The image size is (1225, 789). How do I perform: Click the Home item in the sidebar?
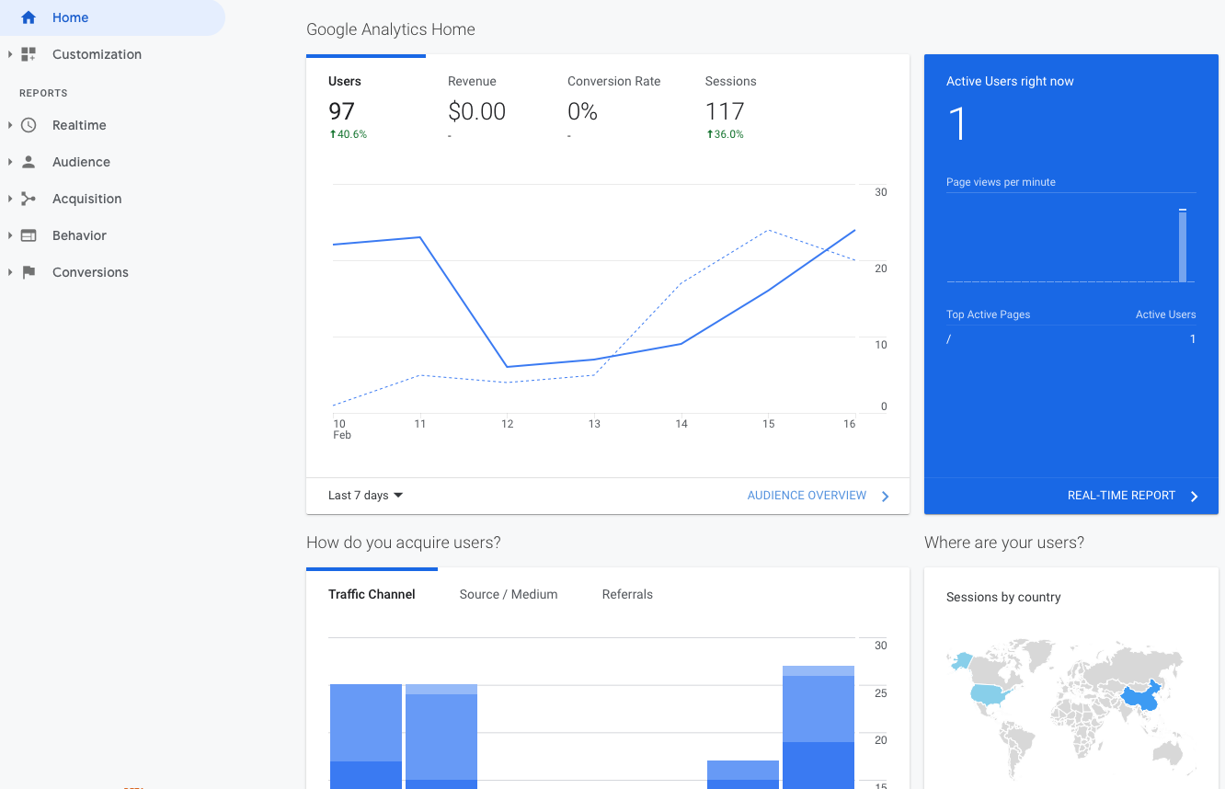pyautogui.click(x=70, y=17)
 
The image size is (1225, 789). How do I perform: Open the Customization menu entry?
pyautogui.click(x=97, y=54)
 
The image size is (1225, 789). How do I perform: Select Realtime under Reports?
pyautogui.click(x=79, y=125)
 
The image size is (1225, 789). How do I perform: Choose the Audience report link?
pyautogui.click(x=81, y=162)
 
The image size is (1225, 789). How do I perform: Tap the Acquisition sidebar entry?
pyautogui.click(x=86, y=199)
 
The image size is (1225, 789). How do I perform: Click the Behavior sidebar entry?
pyautogui.click(x=79, y=235)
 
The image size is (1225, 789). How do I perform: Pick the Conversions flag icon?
pyautogui.click(x=29, y=272)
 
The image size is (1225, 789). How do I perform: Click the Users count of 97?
pyautogui.click(x=341, y=111)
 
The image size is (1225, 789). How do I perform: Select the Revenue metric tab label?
pyautogui.click(x=472, y=81)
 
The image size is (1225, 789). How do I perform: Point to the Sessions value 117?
pyautogui.click(x=725, y=111)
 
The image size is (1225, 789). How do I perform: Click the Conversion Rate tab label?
pyautogui.click(x=613, y=81)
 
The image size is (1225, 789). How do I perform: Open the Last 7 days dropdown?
pyautogui.click(x=365, y=496)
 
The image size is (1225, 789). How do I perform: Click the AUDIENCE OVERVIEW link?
pyautogui.click(x=807, y=496)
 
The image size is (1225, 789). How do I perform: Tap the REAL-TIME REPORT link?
pyautogui.click(x=1121, y=496)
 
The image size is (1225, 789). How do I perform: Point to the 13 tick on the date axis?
pyautogui.click(x=594, y=424)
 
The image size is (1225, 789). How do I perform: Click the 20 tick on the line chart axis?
pyautogui.click(x=881, y=269)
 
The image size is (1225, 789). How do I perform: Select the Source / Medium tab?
pyautogui.click(x=509, y=594)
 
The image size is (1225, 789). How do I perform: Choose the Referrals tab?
pyautogui.click(x=627, y=594)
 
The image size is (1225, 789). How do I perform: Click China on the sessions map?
pyautogui.click(x=1141, y=700)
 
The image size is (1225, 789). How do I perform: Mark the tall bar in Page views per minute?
pyautogui.click(x=1183, y=246)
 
